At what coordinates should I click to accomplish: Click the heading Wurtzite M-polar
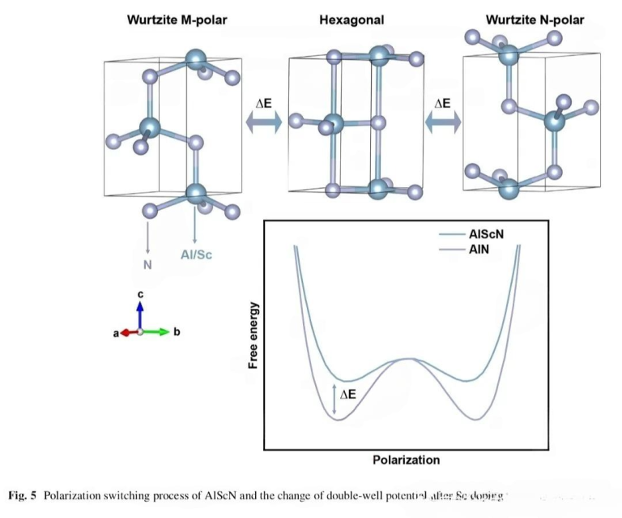pyautogui.click(x=177, y=19)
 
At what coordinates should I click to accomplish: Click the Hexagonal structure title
pyautogui.click(x=351, y=19)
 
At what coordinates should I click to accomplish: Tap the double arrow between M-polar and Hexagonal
pyautogui.click(x=263, y=122)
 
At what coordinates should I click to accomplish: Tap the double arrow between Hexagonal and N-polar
pyautogui.click(x=441, y=122)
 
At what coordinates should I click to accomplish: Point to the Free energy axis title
pyautogui.click(x=253, y=334)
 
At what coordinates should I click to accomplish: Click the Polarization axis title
pyautogui.click(x=406, y=460)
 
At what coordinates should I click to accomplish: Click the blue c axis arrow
pyautogui.click(x=140, y=315)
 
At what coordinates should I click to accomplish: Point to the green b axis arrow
pyautogui.click(x=158, y=332)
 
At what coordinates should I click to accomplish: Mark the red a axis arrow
pyautogui.click(x=126, y=332)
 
